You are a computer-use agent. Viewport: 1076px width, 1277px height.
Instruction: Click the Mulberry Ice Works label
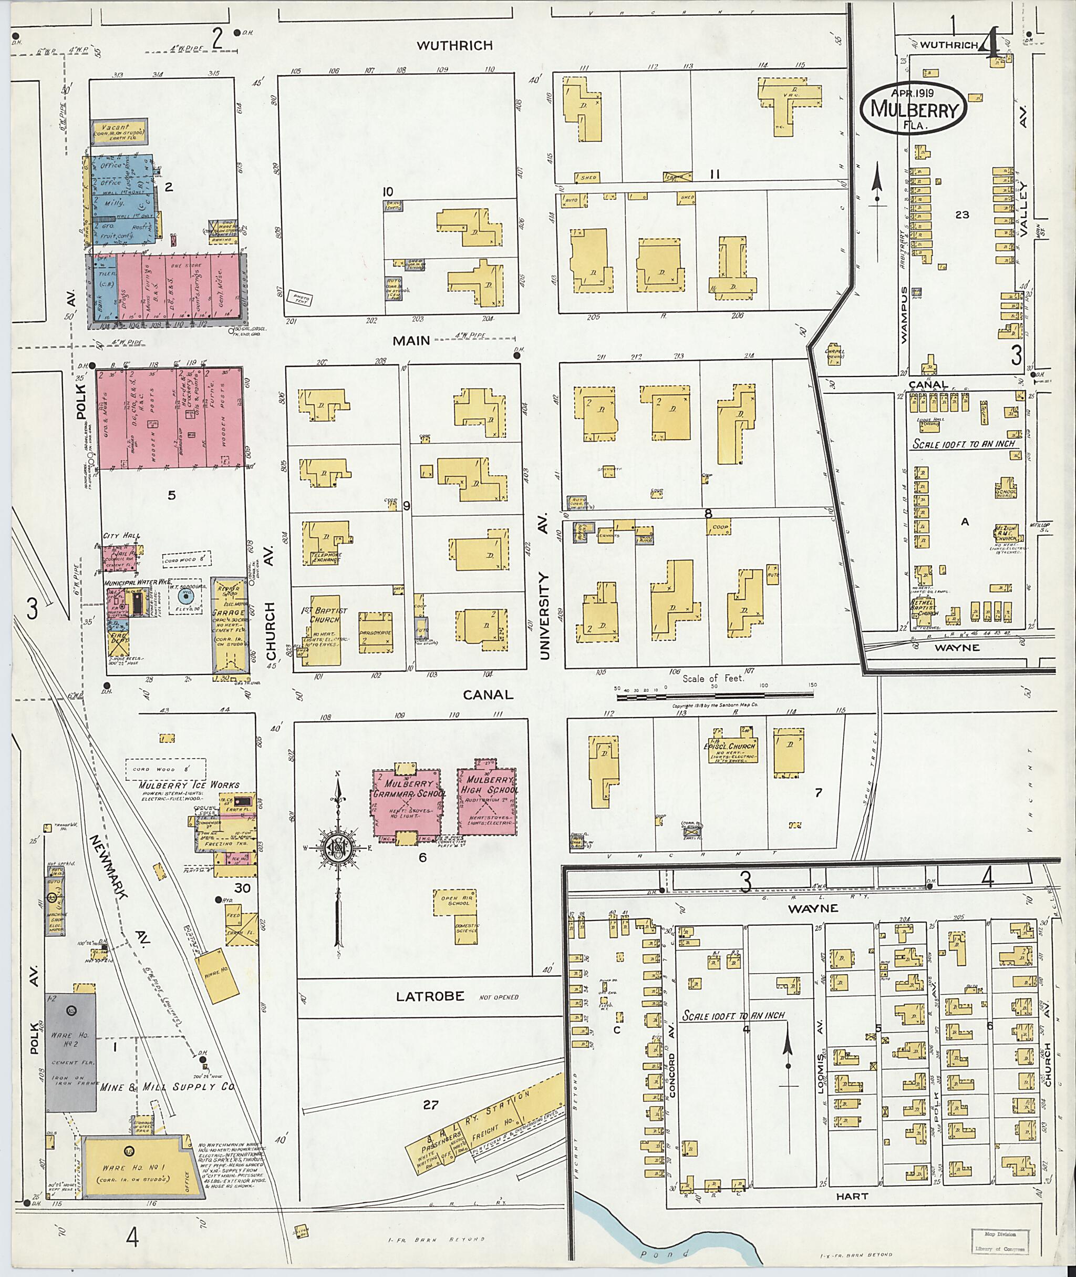point(189,785)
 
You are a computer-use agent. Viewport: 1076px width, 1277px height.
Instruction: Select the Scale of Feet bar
point(713,696)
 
